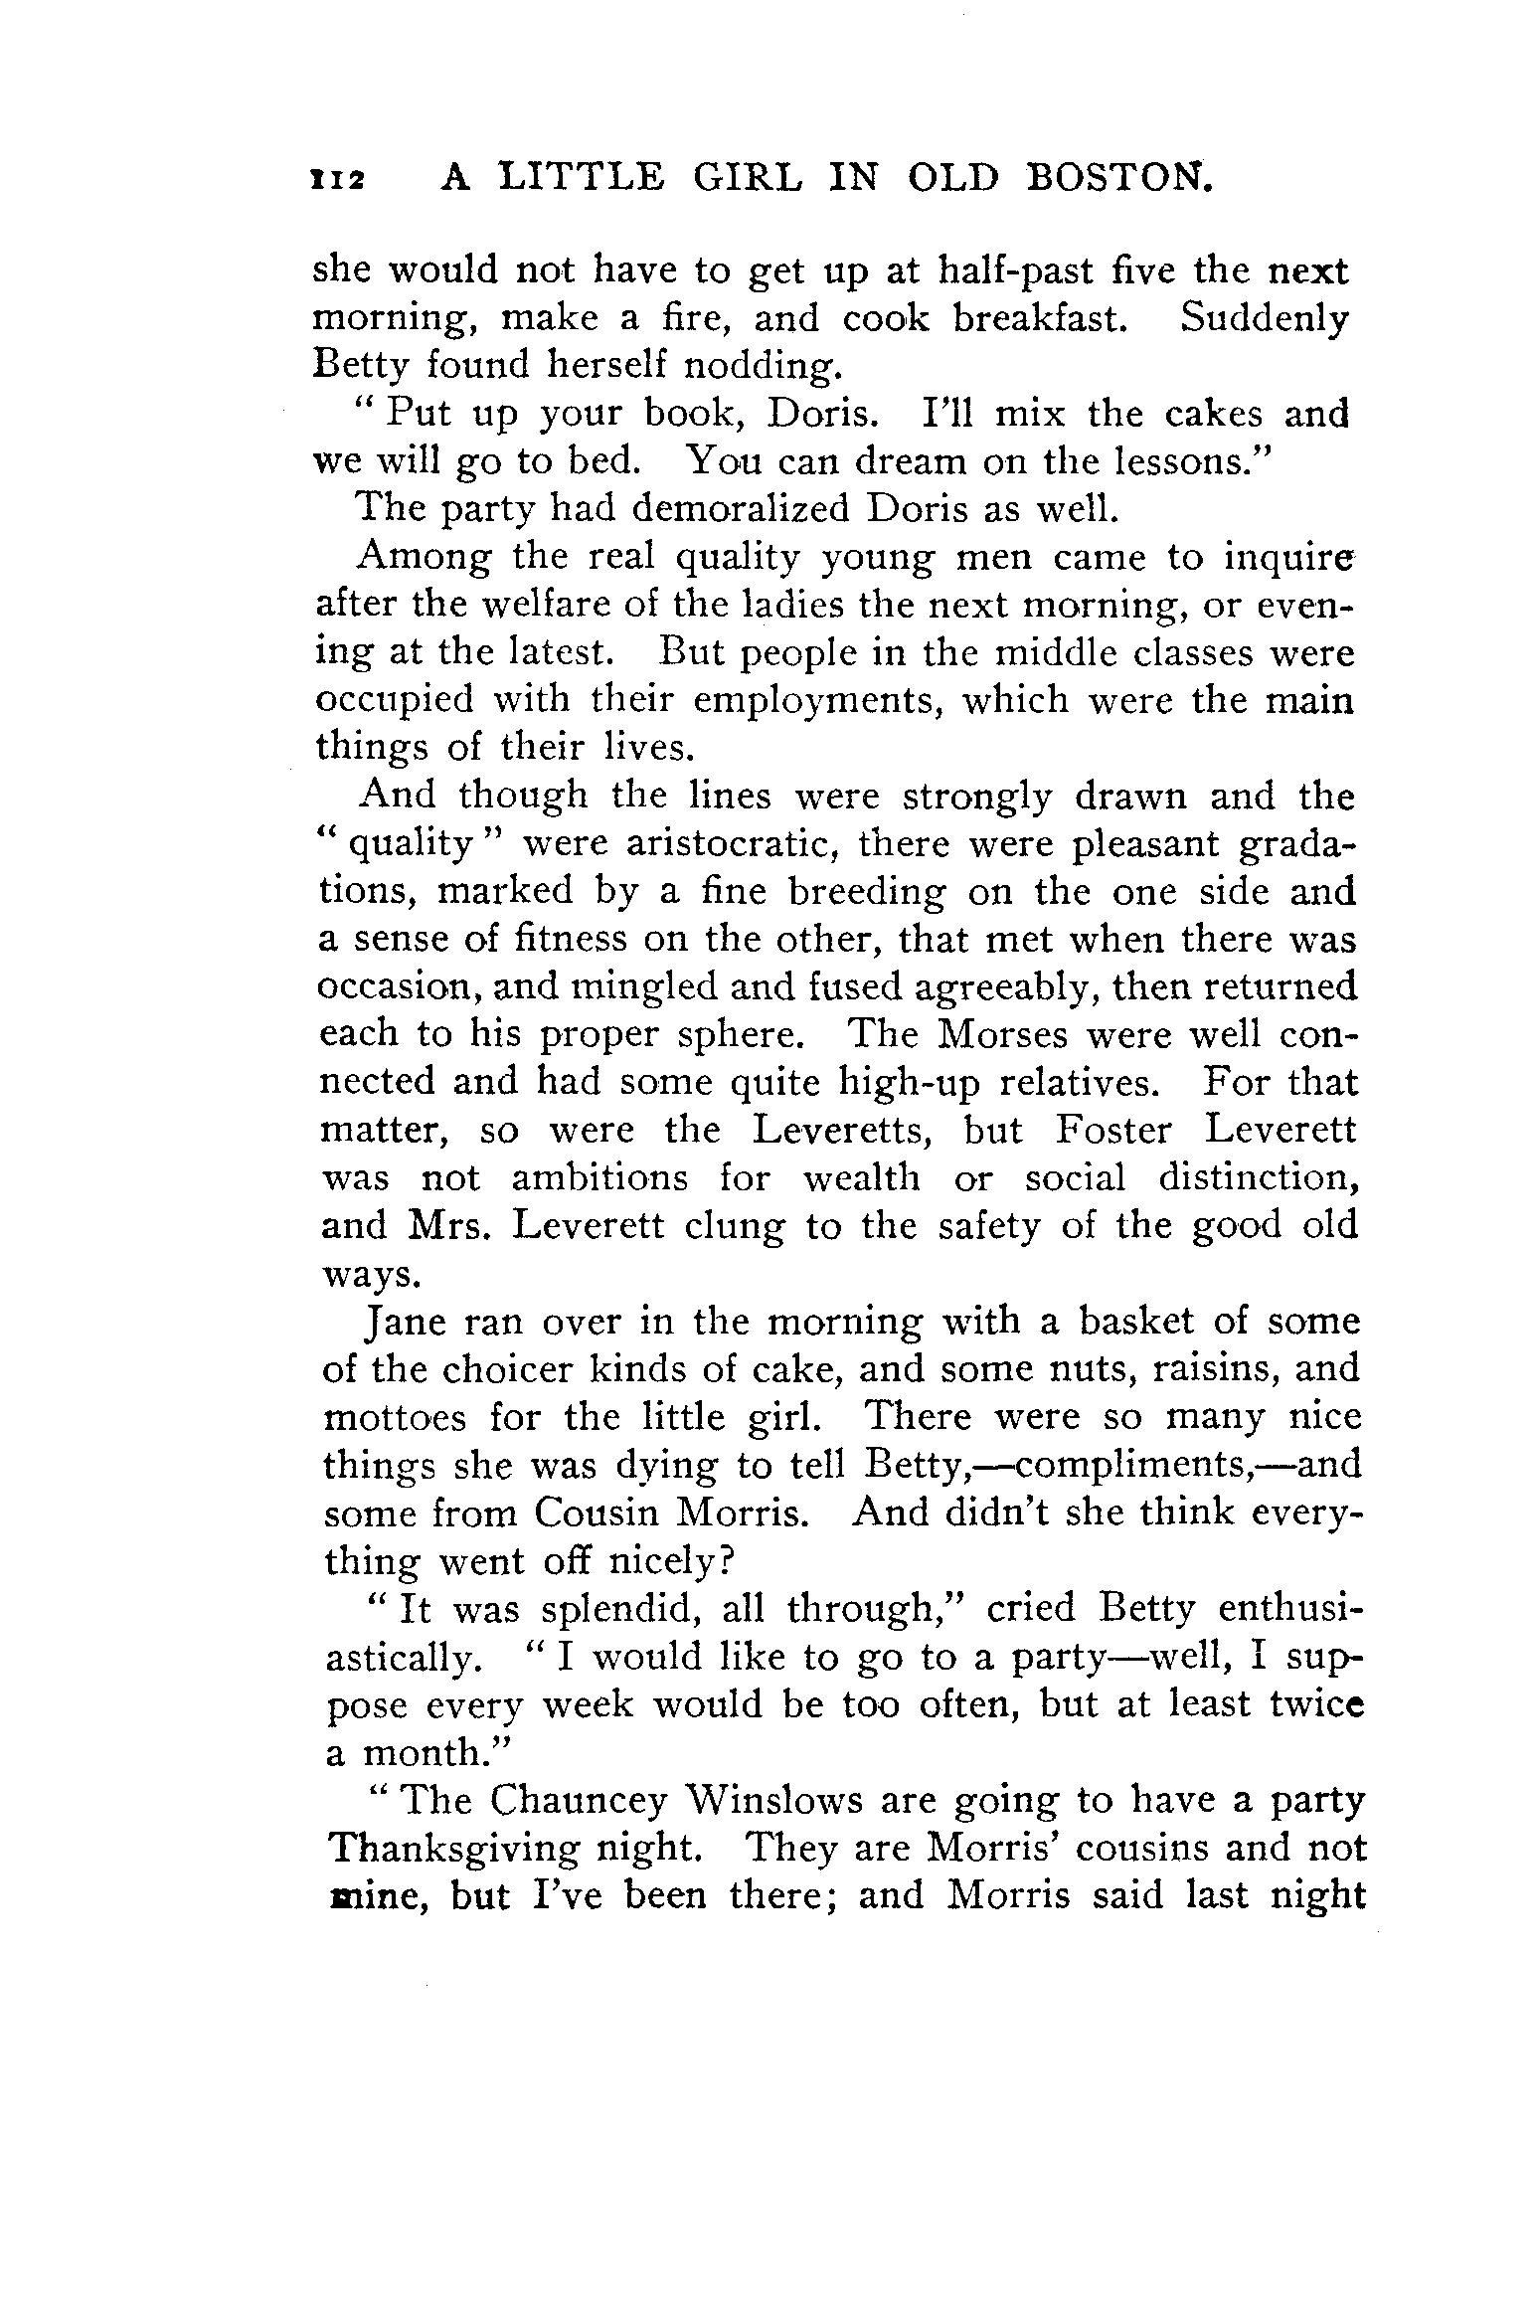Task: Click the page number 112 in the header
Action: point(337,180)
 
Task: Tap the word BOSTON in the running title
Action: point(1119,177)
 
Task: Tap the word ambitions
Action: point(598,1177)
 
